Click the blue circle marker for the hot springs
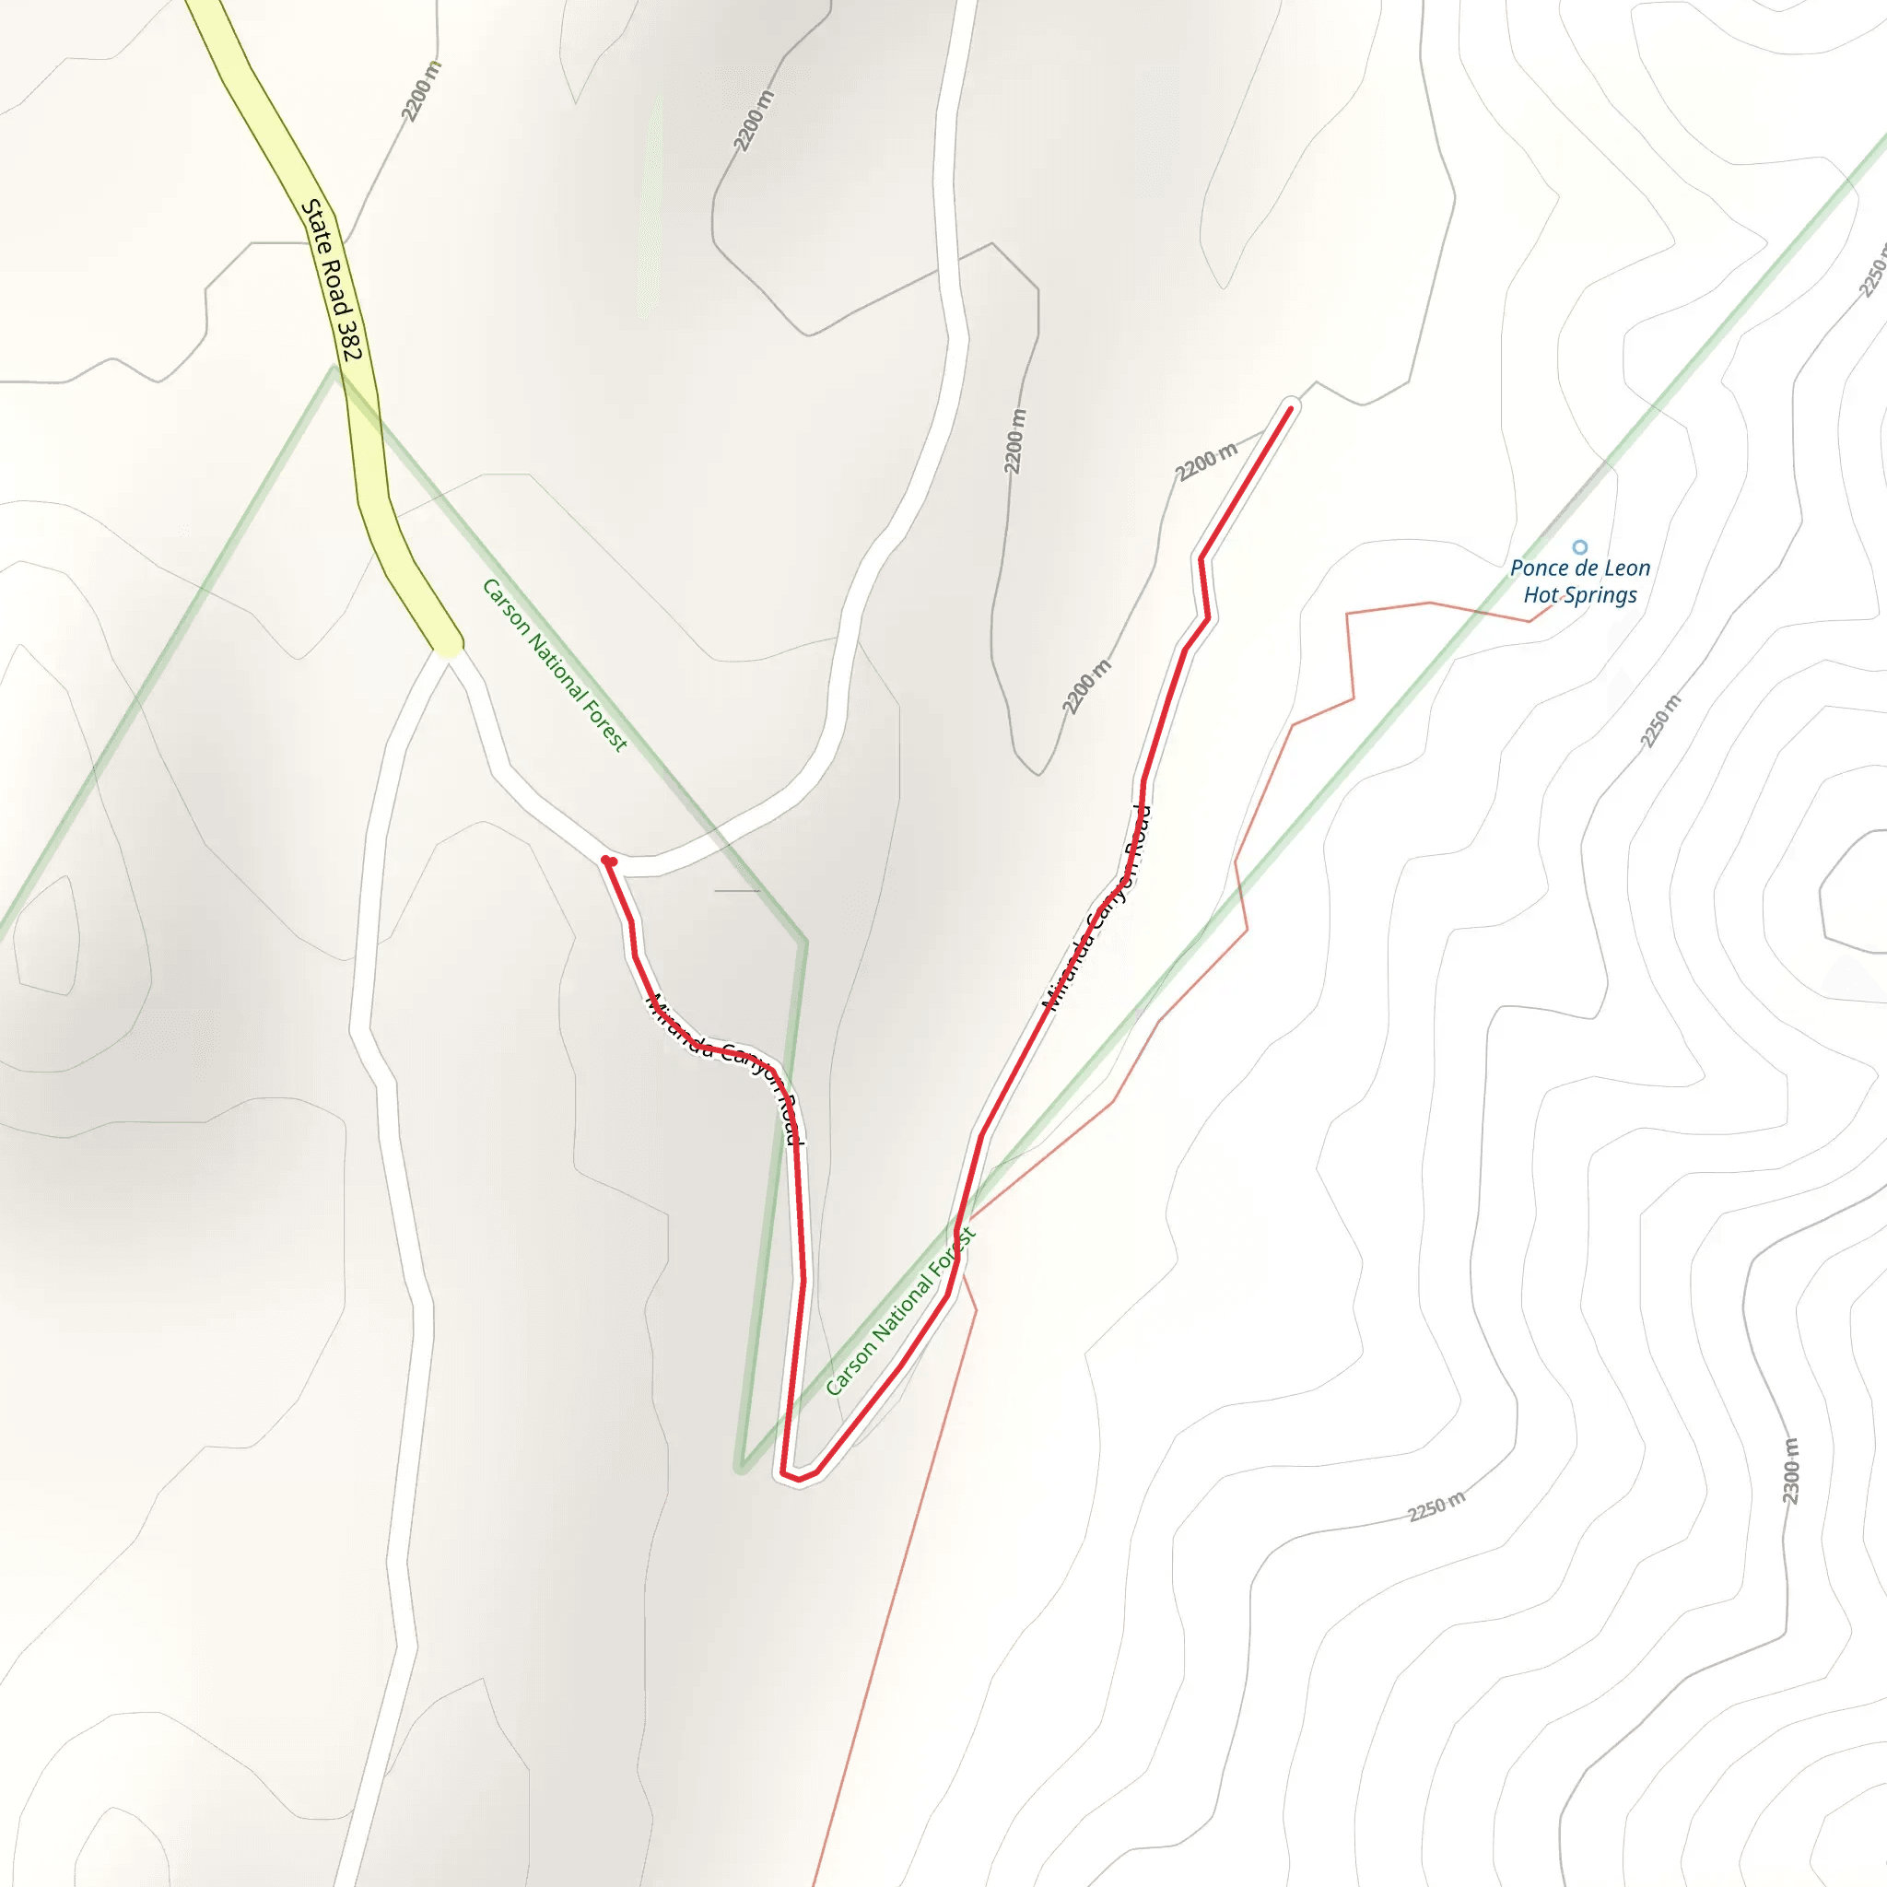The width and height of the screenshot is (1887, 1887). tap(1579, 547)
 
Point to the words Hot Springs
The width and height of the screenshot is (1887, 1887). tap(1579, 596)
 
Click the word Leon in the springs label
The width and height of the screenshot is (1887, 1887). tap(1626, 568)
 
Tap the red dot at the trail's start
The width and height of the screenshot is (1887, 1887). tap(608, 861)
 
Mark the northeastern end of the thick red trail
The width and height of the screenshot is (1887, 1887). tap(1290, 409)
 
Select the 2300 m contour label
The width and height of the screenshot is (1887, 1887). tap(1789, 1471)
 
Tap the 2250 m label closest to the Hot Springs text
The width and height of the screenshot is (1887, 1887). tap(1660, 721)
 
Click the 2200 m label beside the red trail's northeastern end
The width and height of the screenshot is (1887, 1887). tap(1206, 460)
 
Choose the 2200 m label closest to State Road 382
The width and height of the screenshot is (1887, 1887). tap(421, 91)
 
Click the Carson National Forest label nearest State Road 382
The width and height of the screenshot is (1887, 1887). tap(554, 664)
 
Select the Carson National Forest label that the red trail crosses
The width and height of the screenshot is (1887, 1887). tap(899, 1312)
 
